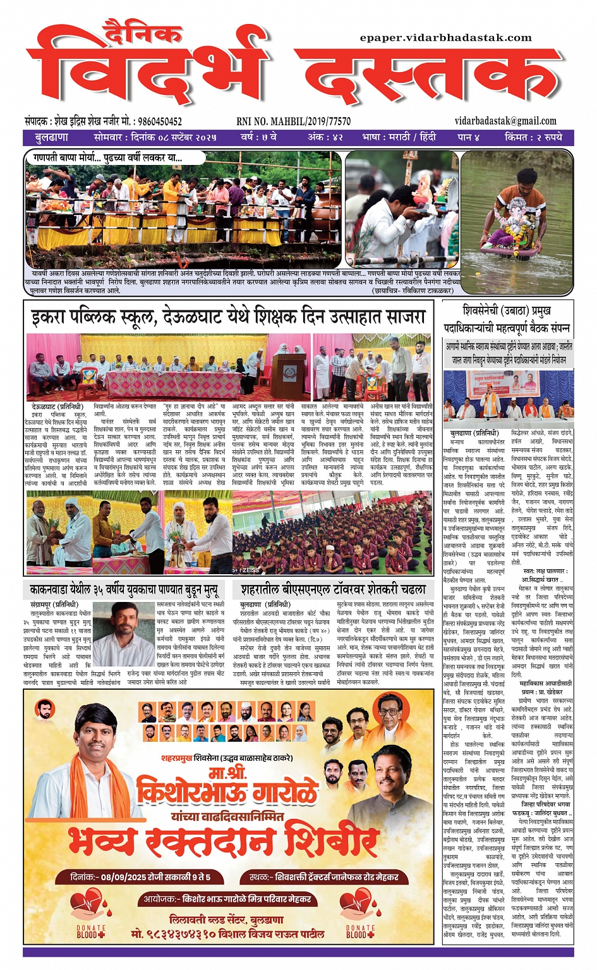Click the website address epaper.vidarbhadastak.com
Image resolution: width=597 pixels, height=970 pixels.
coord(445,38)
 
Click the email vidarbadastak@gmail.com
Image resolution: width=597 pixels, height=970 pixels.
coord(505,121)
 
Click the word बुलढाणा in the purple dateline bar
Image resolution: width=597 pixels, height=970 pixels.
coord(52,137)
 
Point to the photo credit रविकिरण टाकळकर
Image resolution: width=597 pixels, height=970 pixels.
coord(429,290)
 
